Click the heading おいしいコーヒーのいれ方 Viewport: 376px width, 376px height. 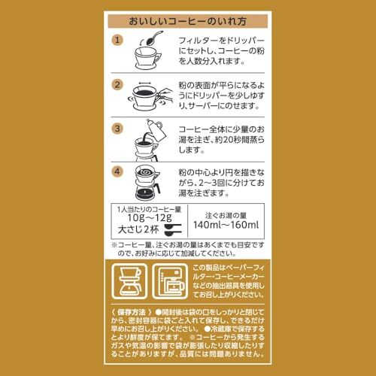point(187,21)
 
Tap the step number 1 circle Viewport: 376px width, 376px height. point(117,40)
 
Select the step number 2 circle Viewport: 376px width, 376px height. point(117,85)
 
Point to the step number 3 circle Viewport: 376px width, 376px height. point(117,129)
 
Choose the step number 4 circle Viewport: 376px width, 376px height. point(117,171)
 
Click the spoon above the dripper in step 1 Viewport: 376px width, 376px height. point(153,38)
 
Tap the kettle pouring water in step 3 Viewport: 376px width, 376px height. point(156,130)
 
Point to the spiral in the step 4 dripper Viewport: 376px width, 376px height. point(146,172)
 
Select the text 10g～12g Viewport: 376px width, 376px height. point(150,218)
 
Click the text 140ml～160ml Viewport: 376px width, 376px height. point(226,225)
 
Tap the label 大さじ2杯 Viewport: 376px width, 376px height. point(138,229)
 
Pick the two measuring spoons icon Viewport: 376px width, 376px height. point(173,230)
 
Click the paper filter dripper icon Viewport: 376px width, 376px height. point(129,281)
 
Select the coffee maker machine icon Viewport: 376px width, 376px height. point(170,281)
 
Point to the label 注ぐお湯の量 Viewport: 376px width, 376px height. point(226,215)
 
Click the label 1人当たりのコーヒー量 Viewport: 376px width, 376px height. point(149,209)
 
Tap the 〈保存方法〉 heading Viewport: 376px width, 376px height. point(132,312)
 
